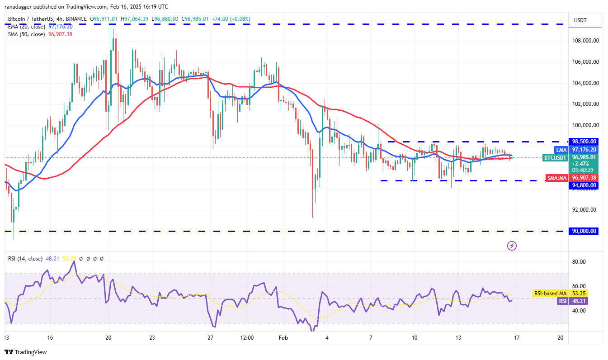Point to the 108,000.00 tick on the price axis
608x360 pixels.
(x=585, y=41)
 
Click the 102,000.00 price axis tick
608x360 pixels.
(x=585, y=104)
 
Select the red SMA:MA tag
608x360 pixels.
(x=556, y=178)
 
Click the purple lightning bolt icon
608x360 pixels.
(x=512, y=246)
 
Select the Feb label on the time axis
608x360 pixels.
(x=283, y=338)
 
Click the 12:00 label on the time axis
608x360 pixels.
(x=247, y=338)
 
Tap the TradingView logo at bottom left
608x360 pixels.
(x=26, y=352)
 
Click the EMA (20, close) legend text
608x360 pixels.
(x=26, y=27)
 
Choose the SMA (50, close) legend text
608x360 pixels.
(x=26, y=34)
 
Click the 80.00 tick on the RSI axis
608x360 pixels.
(x=580, y=262)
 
